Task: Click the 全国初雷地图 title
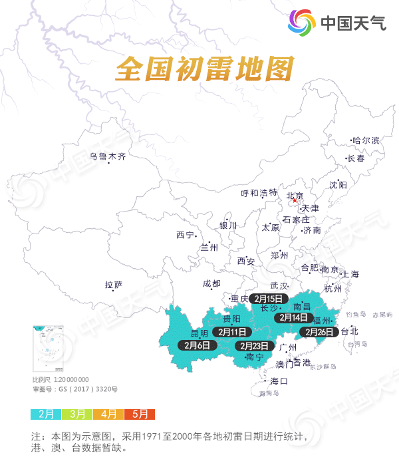click(x=204, y=69)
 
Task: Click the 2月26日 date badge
click(x=321, y=331)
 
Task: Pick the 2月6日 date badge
click(x=198, y=345)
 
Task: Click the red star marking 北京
click(x=286, y=200)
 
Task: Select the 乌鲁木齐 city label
click(x=108, y=157)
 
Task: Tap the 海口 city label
click(x=279, y=381)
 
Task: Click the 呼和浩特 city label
click(x=259, y=193)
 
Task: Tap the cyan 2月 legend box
click(x=46, y=414)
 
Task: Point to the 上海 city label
click(x=350, y=274)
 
